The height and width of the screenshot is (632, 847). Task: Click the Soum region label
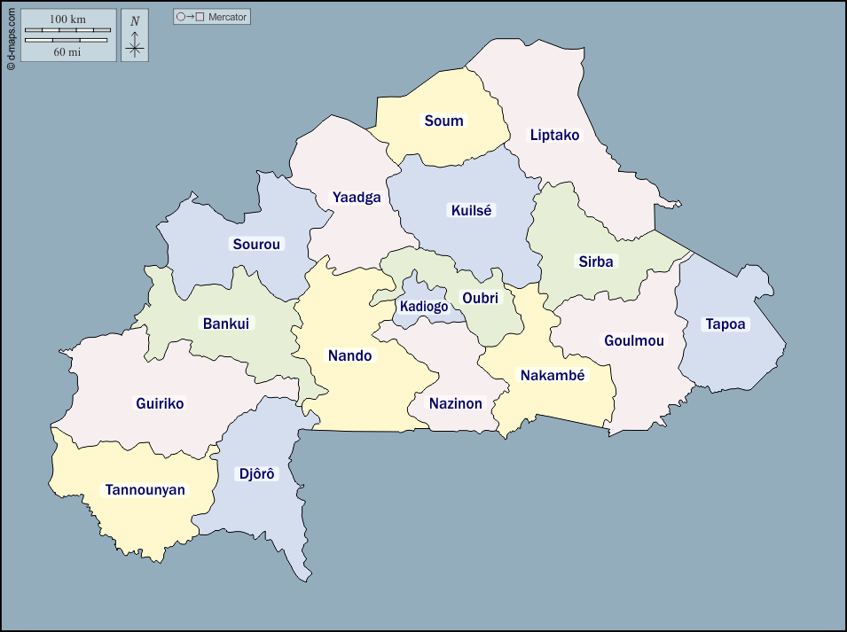coord(443,121)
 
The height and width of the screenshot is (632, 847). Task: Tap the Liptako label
coord(554,136)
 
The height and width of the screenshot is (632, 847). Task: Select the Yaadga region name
coord(357,197)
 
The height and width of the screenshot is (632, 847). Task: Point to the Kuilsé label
coord(471,211)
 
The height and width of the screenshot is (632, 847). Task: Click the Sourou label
coord(256,244)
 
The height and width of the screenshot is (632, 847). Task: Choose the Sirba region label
coord(596,261)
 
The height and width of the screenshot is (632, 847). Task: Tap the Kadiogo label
coord(424,307)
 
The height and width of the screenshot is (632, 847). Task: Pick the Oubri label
coord(480,298)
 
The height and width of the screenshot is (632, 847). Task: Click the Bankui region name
coord(225,324)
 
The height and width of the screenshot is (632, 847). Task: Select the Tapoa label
coord(725,324)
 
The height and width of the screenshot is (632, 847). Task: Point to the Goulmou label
coord(633,340)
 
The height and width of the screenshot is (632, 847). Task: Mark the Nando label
coord(350,356)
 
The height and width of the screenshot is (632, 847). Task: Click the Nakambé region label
coord(553,375)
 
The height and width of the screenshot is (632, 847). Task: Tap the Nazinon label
coord(456,403)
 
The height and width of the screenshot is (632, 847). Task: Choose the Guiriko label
coord(160,403)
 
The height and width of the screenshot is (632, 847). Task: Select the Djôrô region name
coord(258,474)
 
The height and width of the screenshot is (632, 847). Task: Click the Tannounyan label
coord(145,489)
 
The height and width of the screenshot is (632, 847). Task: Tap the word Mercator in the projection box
coord(228,17)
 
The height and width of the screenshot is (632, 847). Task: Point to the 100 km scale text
coord(67,20)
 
